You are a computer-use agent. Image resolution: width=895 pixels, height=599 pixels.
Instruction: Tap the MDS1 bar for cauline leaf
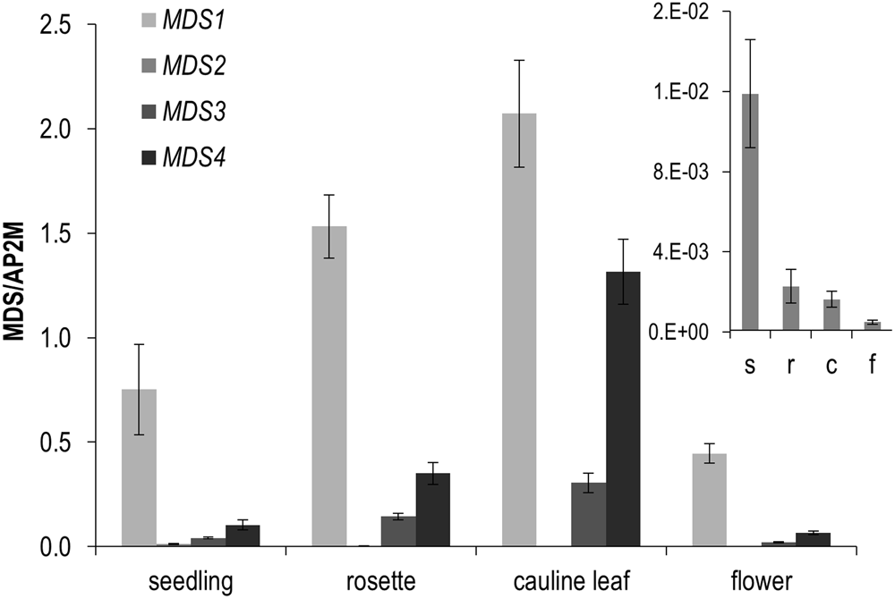520,330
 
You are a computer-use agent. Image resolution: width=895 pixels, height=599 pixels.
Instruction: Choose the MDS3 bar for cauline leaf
589,514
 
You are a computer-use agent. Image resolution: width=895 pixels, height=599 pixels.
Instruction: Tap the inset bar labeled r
791,308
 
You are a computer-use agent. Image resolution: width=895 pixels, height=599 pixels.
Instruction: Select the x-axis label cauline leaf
572,582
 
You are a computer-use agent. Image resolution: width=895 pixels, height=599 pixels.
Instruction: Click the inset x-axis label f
870,366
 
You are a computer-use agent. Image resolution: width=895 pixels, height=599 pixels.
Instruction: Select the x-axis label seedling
191,582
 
